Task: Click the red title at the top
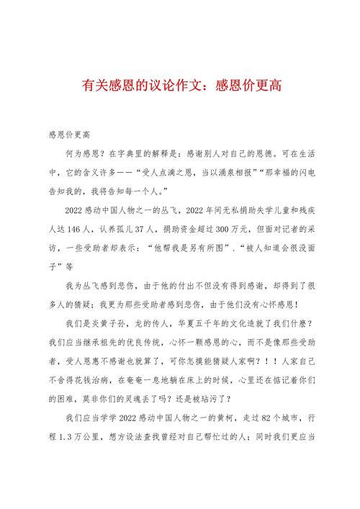click(x=180, y=85)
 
